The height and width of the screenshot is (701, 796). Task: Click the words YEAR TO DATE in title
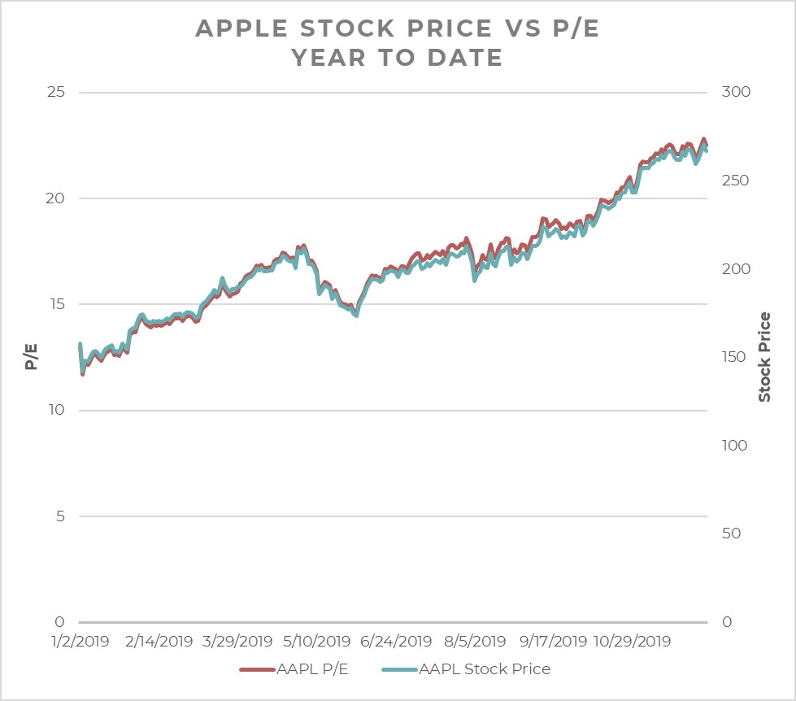(398, 58)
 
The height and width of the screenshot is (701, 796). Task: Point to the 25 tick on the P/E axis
(55, 92)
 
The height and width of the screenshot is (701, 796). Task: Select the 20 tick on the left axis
(55, 198)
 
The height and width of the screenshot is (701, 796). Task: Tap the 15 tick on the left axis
(55, 304)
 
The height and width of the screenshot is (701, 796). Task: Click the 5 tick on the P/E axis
(60, 516)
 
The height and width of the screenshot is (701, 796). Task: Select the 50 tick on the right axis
(735, 533)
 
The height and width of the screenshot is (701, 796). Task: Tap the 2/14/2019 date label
(160, 641)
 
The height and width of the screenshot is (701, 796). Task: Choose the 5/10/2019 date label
(317, 641)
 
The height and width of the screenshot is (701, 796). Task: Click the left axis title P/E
(31, 356)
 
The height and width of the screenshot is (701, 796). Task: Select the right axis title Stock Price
(764, 356)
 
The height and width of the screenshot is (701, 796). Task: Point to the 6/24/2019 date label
(395, 641)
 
